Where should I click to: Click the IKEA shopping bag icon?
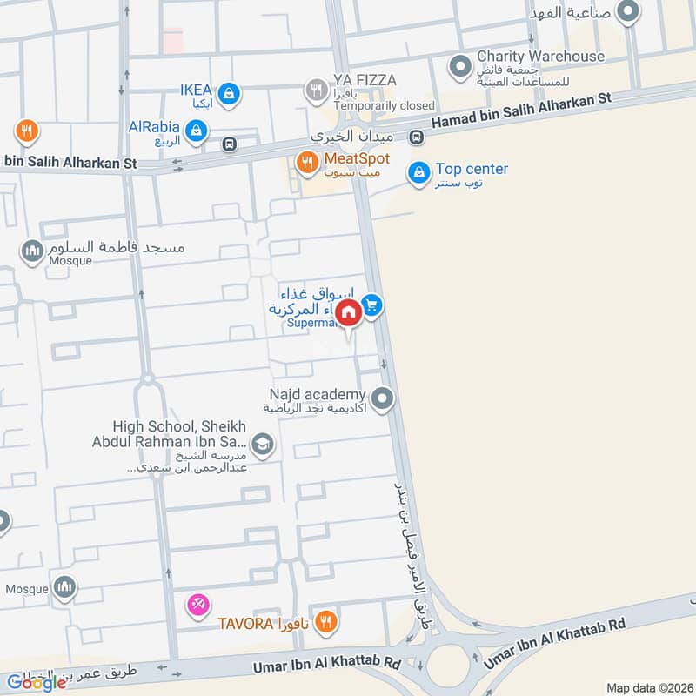[x=228, y=93]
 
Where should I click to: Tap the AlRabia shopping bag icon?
[x=197, y=130]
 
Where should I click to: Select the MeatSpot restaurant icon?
[x=306, y=162]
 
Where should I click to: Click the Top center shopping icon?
[x=419, y=172]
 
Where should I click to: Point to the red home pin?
[x=348, y=313]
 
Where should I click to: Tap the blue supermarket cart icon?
[x=371, y=305]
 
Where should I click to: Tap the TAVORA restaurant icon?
[x=325, y=621]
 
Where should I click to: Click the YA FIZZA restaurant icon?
[x=315, y=90]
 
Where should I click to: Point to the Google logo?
[x=37, y=682]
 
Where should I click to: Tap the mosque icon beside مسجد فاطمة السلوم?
[x=33, y=251]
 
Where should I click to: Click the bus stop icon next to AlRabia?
[x=230, y=144]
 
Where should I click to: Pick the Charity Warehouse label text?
[x=539, y=57]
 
